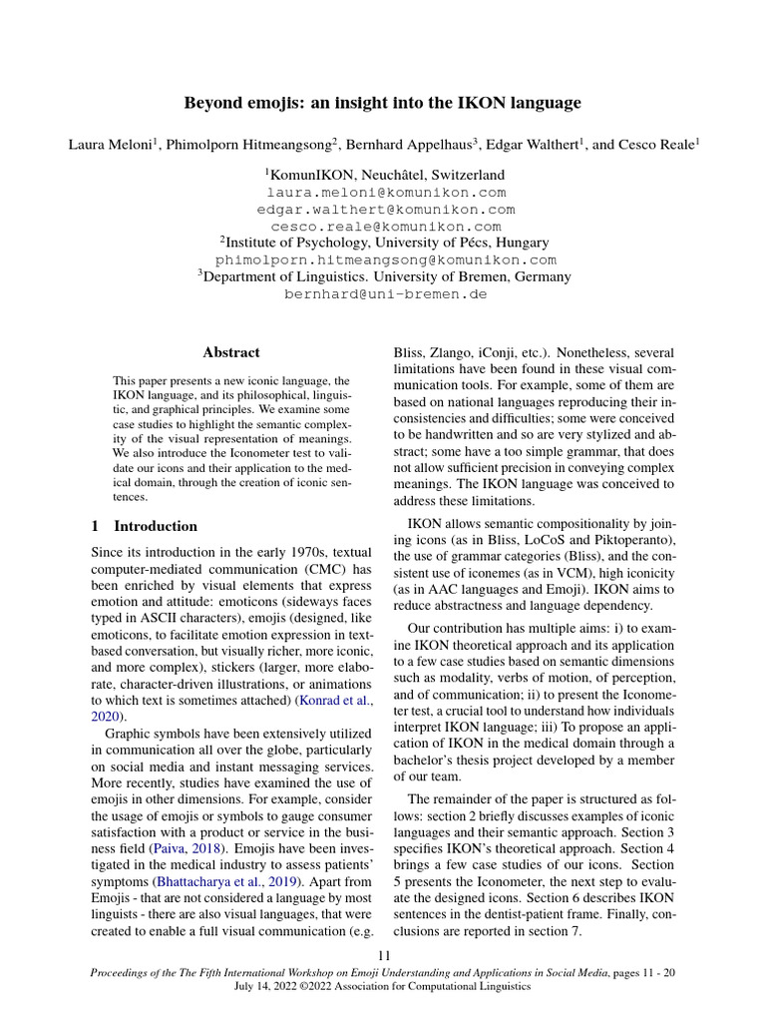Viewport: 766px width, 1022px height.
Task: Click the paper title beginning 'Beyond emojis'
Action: pos(383,103)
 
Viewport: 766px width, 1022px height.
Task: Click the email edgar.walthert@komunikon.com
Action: pos(386,210)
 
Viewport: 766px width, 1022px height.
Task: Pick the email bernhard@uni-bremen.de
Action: pos(385,294)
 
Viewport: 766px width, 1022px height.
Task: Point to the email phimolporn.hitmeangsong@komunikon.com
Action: pos(386,259)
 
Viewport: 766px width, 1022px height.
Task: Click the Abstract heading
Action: pos(231,352)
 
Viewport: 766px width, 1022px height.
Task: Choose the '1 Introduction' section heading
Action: pos(145,526)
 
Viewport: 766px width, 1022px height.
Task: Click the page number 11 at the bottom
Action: pos(383,955)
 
